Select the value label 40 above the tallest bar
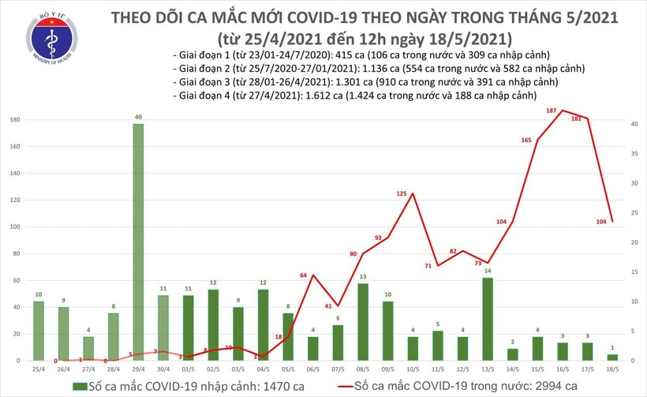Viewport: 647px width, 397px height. (x=138, y=118)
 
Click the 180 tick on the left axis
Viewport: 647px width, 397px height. (x=15, y=121)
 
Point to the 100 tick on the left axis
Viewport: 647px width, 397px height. (x=15, y=227)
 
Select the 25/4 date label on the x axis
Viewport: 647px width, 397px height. (x=39, y=368)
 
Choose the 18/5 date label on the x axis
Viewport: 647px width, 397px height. (x=611, y=368)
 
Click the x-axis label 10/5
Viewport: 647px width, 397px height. (x=413, y=368)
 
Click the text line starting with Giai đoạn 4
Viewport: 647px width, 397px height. (x=354, y=95)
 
